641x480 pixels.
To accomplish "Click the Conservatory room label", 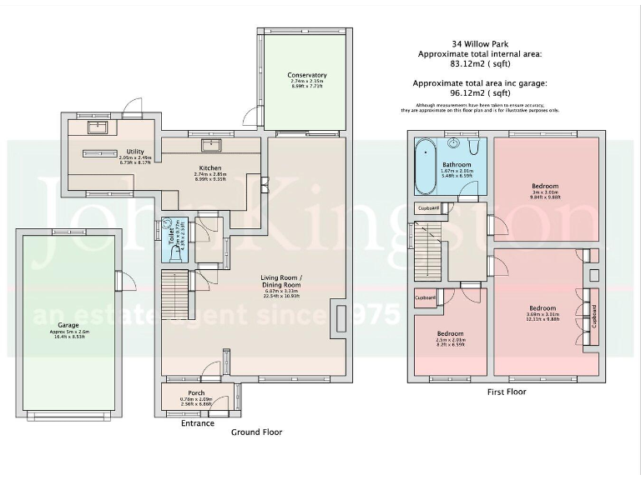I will [306, 75].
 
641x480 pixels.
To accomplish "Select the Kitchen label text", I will [209, 167].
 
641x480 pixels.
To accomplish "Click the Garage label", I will [68, 327].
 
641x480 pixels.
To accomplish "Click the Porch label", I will [196, 392].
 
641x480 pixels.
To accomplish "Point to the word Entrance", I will [197, 423].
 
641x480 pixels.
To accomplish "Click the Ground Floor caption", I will [256, 432].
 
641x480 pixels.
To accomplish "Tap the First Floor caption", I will [505, 392].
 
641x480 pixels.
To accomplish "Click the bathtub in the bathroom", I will [426, 163].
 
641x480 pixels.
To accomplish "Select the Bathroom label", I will [458, 164].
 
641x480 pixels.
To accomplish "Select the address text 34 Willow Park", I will [480, 43].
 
